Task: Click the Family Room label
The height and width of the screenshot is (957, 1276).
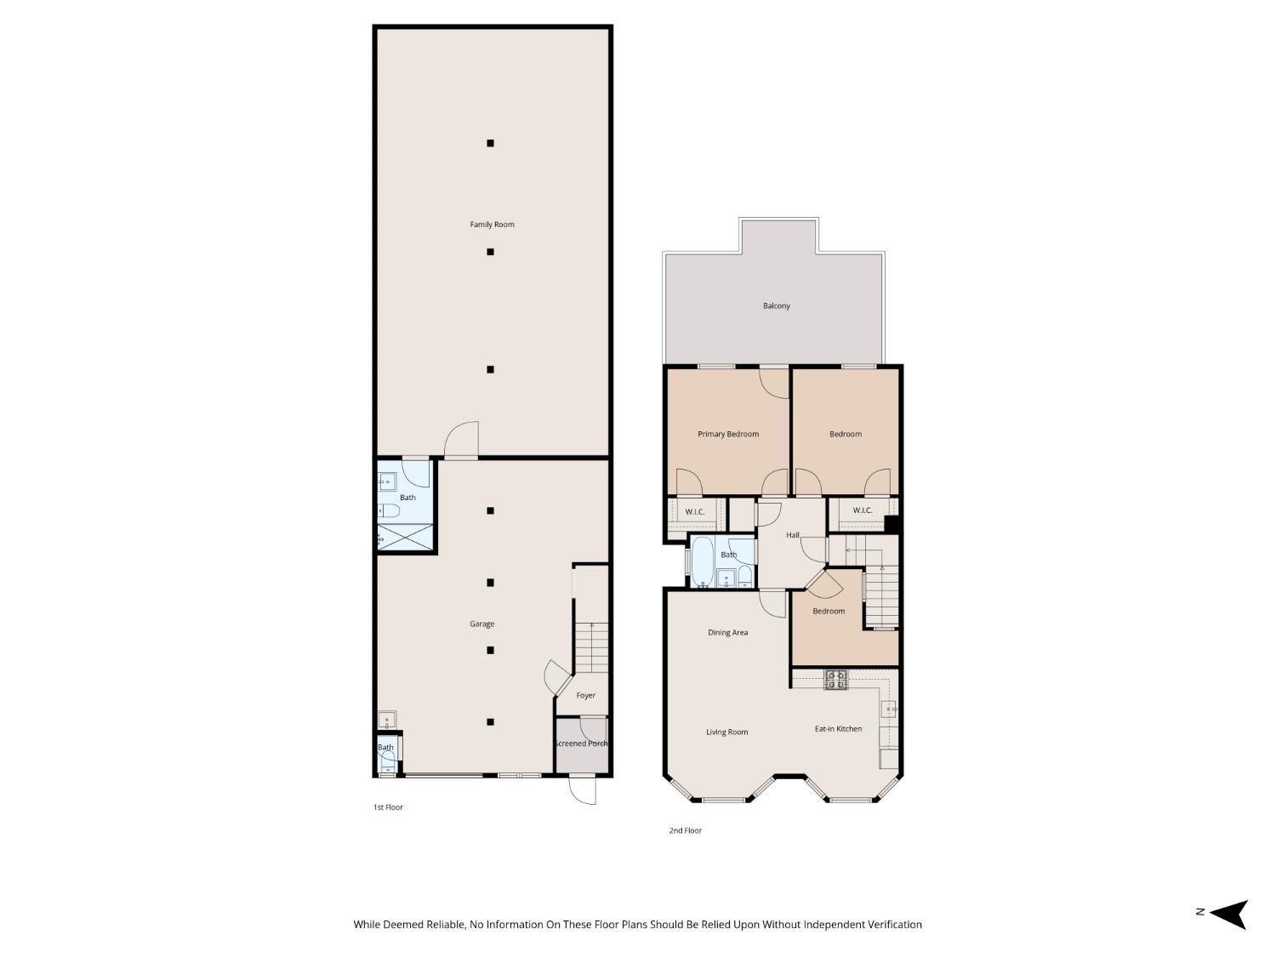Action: (x=492, y=225)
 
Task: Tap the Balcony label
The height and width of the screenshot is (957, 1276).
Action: (x=776, y=305)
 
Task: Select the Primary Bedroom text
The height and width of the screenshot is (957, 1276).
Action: (x=727, y=434)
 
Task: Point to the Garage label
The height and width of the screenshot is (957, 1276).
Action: (x=481, y=624)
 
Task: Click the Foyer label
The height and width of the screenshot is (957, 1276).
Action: (x=585, y=695)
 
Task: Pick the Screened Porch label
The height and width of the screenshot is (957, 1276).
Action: (x=581, y=743)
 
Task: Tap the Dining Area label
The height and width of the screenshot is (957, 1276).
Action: (x=727, y=632)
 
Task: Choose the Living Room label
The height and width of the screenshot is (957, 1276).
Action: (x=726, y=732)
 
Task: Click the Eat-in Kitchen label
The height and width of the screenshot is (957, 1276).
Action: (x=838, y=728)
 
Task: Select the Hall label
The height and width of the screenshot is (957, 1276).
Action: (x=792, y=535)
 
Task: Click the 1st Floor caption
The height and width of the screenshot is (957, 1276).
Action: (x=388, y=807)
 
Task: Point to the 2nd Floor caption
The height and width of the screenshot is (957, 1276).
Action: (x=685, y=830)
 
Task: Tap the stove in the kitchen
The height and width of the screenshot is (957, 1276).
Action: (x=835, y=679)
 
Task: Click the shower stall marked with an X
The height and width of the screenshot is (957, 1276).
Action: (x=405, y=538)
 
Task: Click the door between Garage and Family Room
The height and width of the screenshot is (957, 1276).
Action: (x=462, y=440)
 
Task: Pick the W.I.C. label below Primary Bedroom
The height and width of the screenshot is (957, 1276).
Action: (x=694, y=511)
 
